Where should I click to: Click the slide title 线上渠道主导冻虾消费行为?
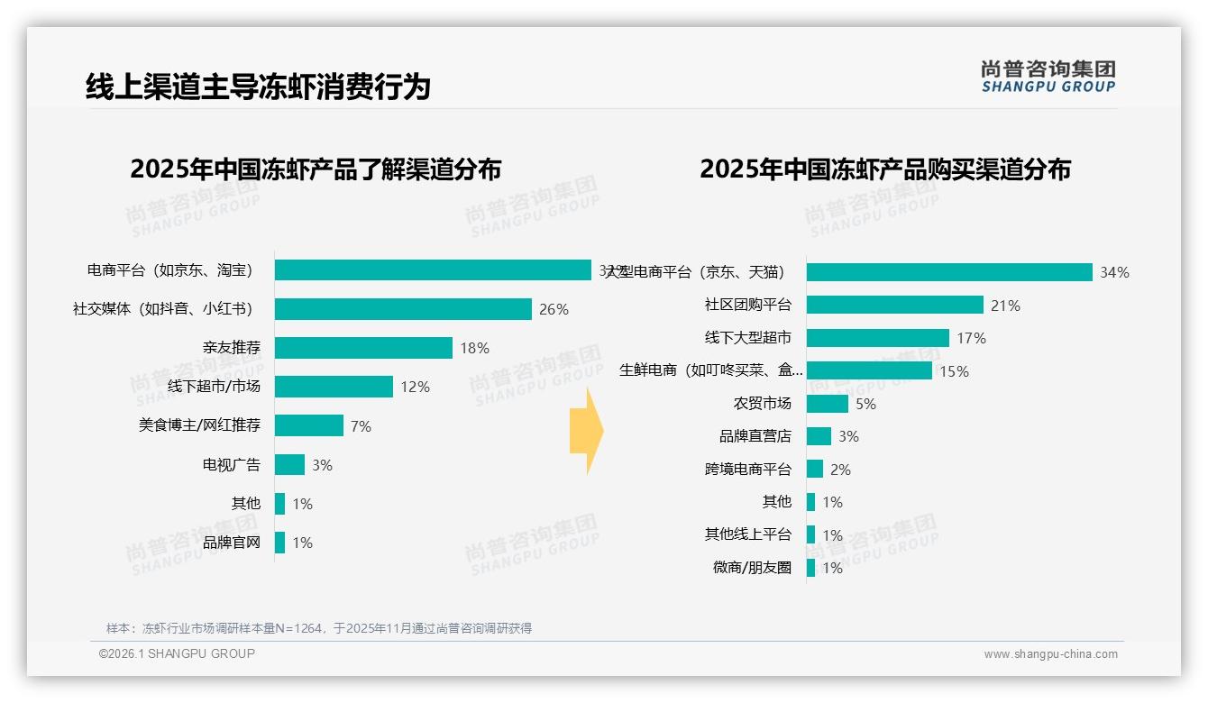[x=258, y=87]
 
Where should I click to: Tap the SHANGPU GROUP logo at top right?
[x=1048, y=77]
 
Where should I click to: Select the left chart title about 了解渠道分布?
[x=316, y=169]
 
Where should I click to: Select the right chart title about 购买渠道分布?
[x=884, y=169]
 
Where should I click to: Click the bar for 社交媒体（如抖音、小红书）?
[x=403, y=309]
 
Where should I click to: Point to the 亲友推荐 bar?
[x=363, y=348]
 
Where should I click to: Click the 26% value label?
[x=554, y=309]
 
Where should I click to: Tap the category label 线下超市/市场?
[x=214, y=387]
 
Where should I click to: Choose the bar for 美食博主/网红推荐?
[x=309, y=425]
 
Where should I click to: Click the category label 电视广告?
[x=231, y=465]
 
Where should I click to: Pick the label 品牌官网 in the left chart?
[x=231, y=543]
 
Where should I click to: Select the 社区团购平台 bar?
[x=894, y=305]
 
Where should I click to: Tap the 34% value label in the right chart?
[x=1114, y=272]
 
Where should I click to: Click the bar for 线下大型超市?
[x=877, y=338]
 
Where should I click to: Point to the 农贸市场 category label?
[x=762, y=404]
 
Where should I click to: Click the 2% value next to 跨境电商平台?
[x=840, y=470]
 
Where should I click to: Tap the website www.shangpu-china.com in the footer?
[x=1050, y=654]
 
